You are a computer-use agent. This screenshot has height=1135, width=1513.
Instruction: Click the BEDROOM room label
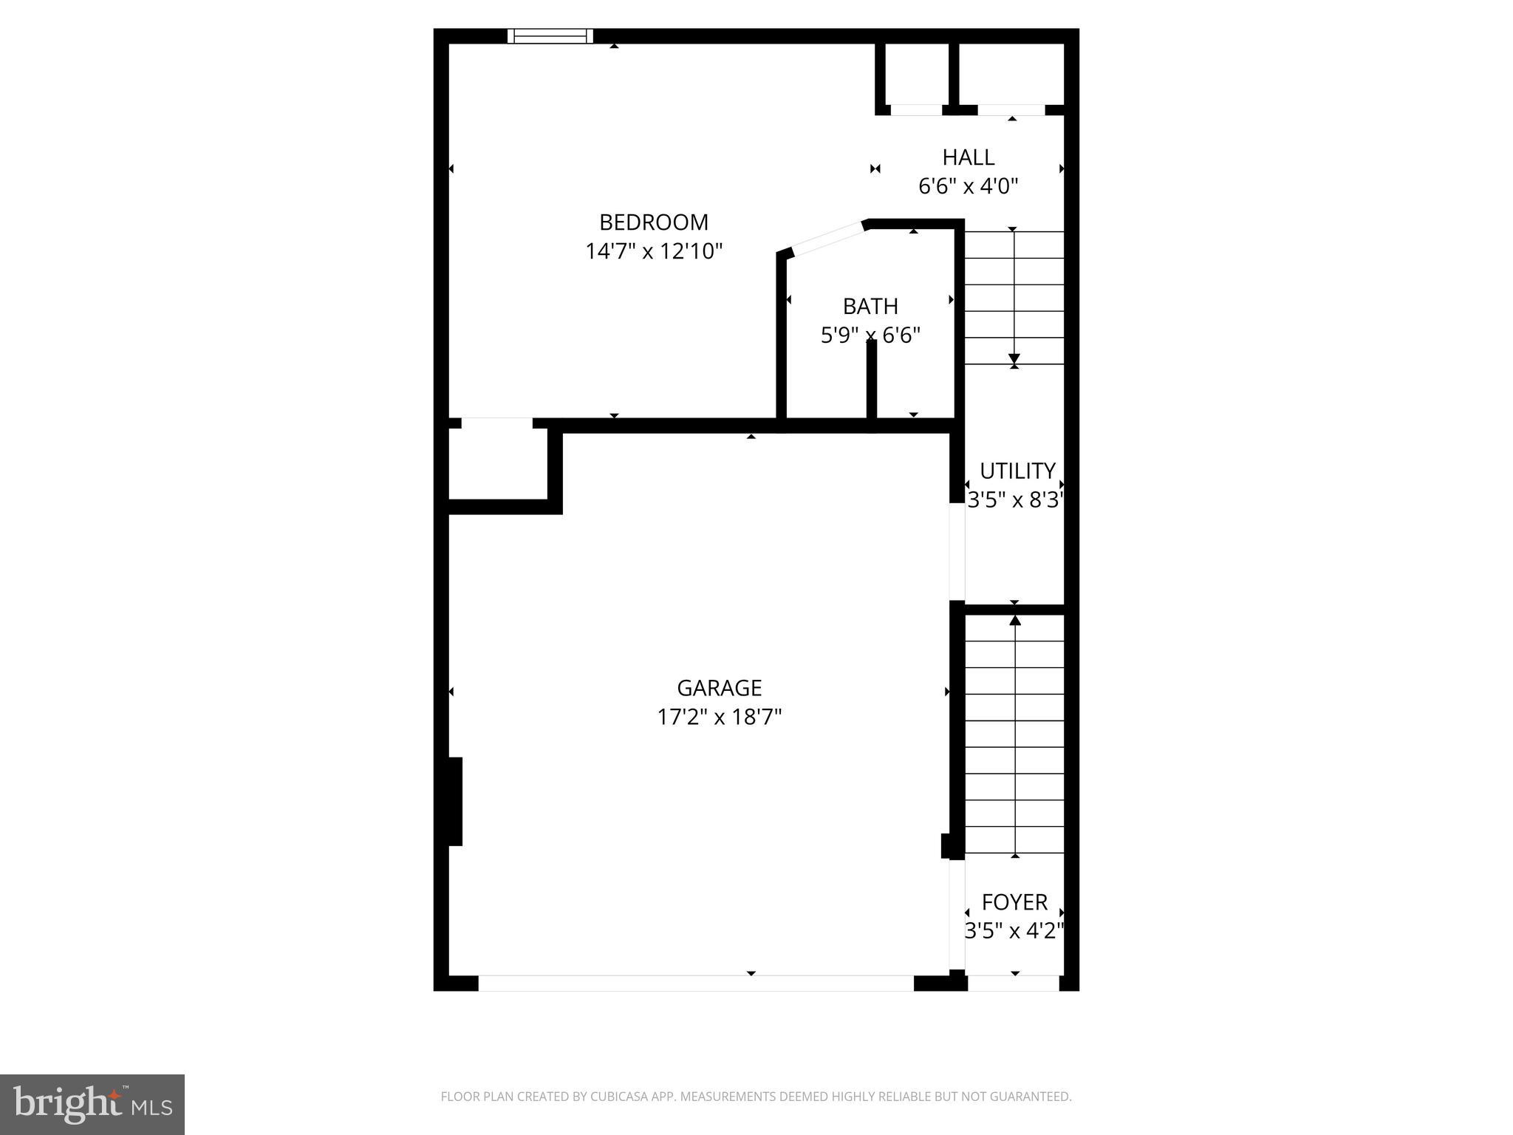pos(654,222)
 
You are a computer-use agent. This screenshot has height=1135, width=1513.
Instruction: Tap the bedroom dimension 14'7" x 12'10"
pos(654,251)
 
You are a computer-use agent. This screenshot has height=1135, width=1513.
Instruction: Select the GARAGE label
pos(720,688)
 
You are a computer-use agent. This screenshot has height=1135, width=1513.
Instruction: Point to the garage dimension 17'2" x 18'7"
pos(720,717)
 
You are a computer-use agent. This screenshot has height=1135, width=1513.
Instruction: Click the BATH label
pos(870,306)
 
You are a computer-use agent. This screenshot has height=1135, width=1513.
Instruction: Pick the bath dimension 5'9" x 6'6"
pos(870,335)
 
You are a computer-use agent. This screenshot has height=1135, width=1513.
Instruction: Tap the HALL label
pos(968,157)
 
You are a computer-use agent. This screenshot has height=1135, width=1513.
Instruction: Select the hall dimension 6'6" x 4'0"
pos(968,185)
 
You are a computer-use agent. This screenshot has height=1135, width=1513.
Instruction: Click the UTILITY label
pos(1017,471)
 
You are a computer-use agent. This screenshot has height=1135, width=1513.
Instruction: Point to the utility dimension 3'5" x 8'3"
pos(1016,500)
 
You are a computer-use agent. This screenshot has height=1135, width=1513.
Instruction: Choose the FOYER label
pos(1014,901)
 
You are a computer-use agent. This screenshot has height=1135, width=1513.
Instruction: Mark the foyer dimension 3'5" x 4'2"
pos(1014,930)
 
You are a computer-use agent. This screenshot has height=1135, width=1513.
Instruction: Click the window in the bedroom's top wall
pos(550,35)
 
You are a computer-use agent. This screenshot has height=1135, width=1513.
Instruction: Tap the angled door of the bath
pos(827,238)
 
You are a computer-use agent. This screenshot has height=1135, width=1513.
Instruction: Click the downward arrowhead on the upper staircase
pos(1014,359)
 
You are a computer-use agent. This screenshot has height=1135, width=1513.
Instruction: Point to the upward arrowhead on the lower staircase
pos(1015,621)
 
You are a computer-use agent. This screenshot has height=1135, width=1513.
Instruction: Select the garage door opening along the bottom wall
pos(696,983)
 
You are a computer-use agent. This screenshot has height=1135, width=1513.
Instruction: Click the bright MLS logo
pos(92,1104)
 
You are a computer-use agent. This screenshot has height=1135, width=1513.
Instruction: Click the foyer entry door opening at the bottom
pos(1014,983)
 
